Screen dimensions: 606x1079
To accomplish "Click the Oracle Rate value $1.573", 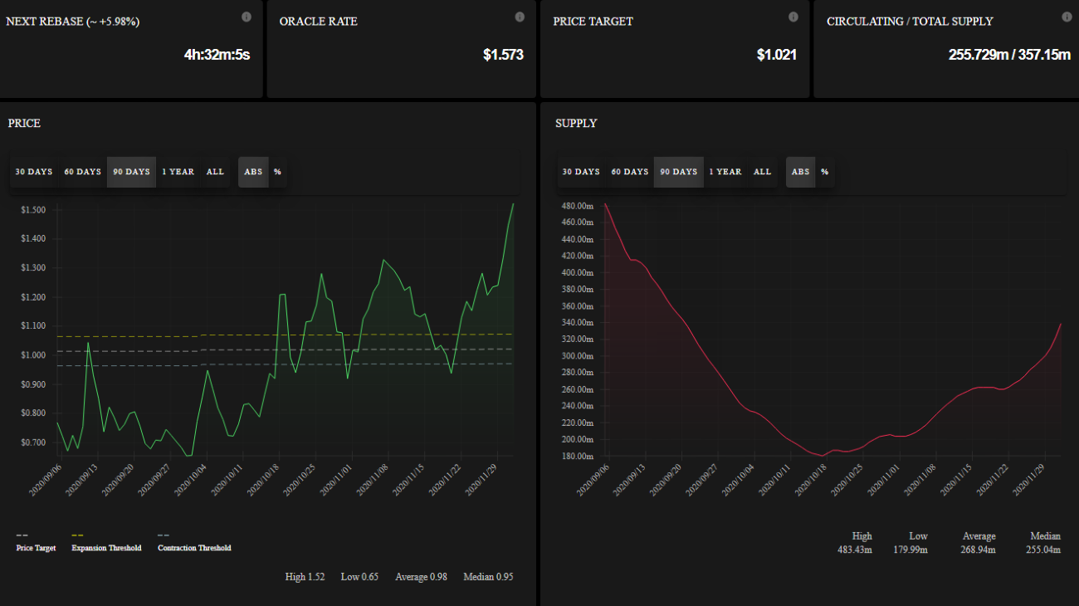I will pyautogui.click(x=503, y=55).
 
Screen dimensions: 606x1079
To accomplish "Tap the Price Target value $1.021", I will pyautogui.click(x=777, y=55).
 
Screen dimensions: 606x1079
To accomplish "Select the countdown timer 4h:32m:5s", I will pyautogui.click(x=217, y=55).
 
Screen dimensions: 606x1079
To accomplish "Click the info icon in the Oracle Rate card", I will pyautogui.click(x=520, y=17).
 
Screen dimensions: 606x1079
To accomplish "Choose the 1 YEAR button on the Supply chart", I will pyautogui.click(x=725, y=172).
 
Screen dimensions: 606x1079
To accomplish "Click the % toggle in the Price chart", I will pyautogui.click(x=277, y=172).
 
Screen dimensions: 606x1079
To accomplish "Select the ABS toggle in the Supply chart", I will pyautogui.click(x=800, y=172).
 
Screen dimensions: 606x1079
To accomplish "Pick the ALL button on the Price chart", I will pyautogui.click(x=215, y=172).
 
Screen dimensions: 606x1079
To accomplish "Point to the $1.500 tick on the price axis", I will pyautogui.click(x=33, y=210).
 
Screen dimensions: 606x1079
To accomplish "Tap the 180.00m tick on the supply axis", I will pyautogui.click(x=578, y=457).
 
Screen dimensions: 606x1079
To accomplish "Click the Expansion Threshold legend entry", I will pyautogui.click(x=106, y=548).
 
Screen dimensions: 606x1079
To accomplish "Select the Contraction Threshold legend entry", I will pyautogui.click(x=194, y=548).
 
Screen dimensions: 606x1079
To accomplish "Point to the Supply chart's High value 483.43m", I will pyautogui.click(x=854, y=550).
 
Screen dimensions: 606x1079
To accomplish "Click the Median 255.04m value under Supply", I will pyautogui.click(x=1044, y=550).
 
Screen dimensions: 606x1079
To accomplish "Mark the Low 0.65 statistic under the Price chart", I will pyautogui.click(x=359, y=576).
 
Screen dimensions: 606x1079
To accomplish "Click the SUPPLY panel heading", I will pyautogui.click(x=576, y=123).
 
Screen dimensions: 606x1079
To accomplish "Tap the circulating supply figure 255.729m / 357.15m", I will pyautogui.click(x=1009, y=55).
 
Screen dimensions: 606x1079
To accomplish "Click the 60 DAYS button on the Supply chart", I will pyautogui.click(x=629, y=172).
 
